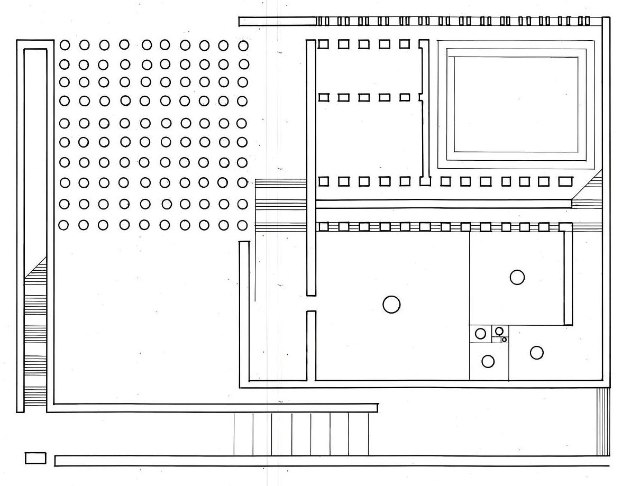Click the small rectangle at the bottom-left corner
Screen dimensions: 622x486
pyautogui.click(x=35, y=458)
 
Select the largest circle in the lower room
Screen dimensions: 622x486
pyautogui.click(x=391, y=305)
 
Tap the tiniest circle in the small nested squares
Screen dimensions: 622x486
pyautogui.click(x=504, y=340)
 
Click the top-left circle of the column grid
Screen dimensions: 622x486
pyautogui.click(x=65, y=45)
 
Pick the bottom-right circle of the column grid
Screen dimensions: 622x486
pyautogui.click(x=242, y=225)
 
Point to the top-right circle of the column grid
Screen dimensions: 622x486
pyautogui.click(x=243, y=45)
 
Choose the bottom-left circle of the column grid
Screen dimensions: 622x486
pyautogui.click(x=64, y=225)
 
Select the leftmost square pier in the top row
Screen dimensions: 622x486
pyautogui.click(x=323, y=44)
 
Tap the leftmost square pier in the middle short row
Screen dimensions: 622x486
pyautogui.click(x=323, y=97)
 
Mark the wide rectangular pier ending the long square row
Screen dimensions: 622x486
pyautogui.click(x=565, y=181)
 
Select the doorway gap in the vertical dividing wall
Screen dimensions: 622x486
pyautogui.click(x=311, y=303)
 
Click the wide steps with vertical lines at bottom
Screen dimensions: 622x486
pyautogui.click(x=301, y=434)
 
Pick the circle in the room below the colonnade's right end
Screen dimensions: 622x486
pyautogui.click(x=517, y=277)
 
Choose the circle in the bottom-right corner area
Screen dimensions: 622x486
pyautogui.click(x=536, y=353)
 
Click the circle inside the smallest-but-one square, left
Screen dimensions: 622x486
pyautogui.click(x=480, y=334)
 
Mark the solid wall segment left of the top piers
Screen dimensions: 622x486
pyautogui.click(x=277, y=22)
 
